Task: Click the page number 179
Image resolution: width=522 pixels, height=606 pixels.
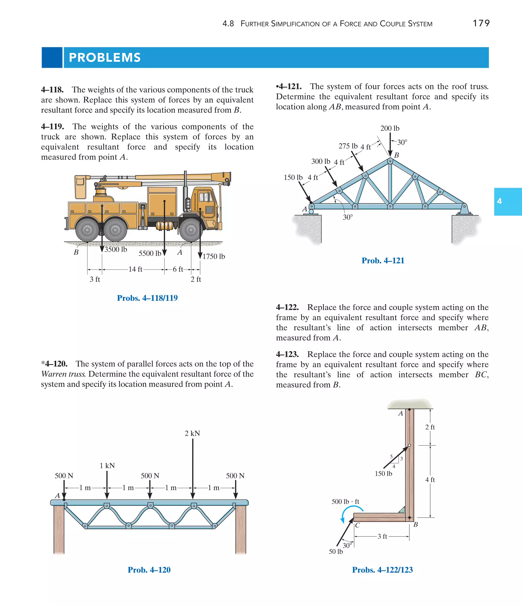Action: [481, 23]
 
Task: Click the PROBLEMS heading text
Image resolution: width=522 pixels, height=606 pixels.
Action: [105, 58]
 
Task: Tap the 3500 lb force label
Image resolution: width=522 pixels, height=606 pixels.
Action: [116, 250]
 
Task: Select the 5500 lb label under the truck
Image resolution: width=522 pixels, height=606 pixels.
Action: [150, 253]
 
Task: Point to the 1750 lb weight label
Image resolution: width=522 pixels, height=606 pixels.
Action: [214, 256]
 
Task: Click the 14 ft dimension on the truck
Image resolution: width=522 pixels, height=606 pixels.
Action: [135, 269]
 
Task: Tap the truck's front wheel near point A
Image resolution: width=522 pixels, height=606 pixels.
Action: [191, 230]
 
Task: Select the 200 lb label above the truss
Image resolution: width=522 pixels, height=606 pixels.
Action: [389, 128]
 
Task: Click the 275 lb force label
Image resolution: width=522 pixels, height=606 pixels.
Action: [348, 146]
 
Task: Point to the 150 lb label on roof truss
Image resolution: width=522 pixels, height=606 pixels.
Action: [293, 177]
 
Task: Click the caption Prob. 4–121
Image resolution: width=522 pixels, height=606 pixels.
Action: [383, 261]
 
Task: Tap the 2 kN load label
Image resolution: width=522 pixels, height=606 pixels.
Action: [192, 433]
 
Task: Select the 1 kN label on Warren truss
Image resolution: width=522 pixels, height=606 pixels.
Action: [107, 466]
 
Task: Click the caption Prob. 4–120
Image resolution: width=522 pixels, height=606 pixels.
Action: [149, 570]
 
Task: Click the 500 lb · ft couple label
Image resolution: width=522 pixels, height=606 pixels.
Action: [345, 501]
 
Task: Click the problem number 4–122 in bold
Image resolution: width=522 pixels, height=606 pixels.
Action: [287, 307]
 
